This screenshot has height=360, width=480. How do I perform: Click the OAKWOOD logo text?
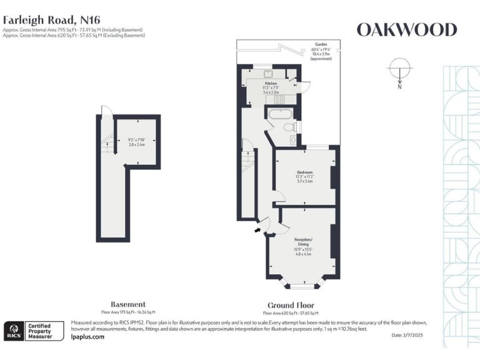406,29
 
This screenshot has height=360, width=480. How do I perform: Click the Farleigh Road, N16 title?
51,19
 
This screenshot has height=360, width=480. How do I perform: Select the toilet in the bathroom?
289,127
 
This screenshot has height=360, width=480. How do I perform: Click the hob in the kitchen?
279,99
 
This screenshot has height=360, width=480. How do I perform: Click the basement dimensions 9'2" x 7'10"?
136,142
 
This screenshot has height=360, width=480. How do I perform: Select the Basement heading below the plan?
128,304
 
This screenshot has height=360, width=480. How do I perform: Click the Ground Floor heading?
290,305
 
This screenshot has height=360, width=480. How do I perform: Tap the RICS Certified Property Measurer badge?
34,330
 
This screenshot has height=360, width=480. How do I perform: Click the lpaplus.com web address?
88,336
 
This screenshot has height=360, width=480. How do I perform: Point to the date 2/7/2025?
408,336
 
